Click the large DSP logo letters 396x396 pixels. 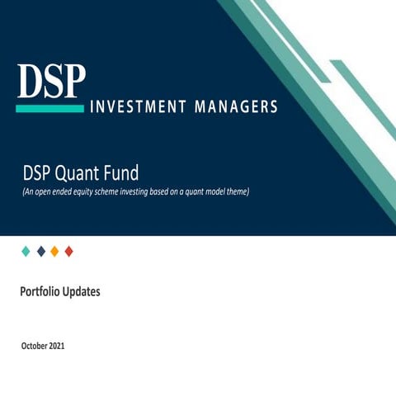[x=50, y=81]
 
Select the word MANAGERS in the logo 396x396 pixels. [x=236, y=107]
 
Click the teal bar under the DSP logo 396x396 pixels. [x=50, y=108]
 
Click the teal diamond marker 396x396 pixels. [x=26, y=251]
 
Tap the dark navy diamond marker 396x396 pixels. [x=41, y=251]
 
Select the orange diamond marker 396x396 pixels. [x=54, y=251]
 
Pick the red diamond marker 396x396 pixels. [x=68, y=251]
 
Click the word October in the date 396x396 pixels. [x=35, y=346]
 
